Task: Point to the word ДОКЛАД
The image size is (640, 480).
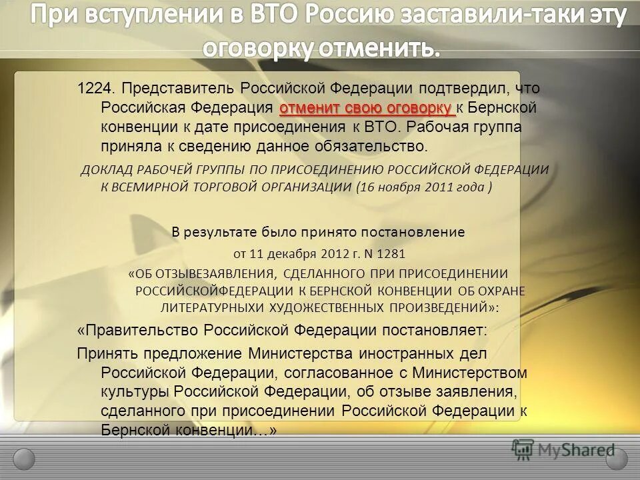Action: [103, 170]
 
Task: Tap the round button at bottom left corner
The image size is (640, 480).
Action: [24, 459]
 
